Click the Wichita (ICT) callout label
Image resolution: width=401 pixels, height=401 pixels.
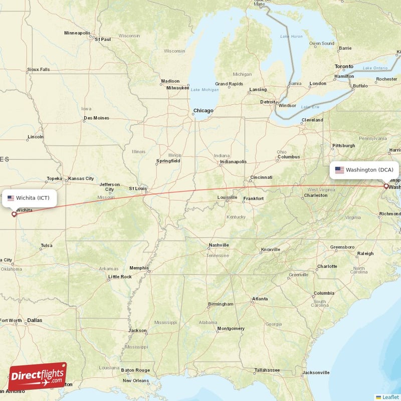(30, 197)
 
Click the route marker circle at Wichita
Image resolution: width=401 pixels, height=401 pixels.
(14, 214)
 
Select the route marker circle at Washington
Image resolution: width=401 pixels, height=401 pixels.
(386, 186)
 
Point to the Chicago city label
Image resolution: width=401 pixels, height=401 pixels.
(204, 111)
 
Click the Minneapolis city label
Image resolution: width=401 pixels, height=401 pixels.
(78, 33)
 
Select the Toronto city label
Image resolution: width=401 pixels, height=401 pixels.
(344, 66)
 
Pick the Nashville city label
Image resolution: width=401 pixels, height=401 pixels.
(219, 245)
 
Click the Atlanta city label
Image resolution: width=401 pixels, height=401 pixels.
(260, 299)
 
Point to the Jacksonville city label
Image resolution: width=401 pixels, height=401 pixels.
(316, 372)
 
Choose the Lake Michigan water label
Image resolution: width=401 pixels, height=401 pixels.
(205, 90)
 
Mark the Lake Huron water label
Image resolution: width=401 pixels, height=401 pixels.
(291, 37)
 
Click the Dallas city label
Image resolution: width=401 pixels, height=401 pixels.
(35, 320)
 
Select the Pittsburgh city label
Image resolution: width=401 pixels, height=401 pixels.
(343, 146)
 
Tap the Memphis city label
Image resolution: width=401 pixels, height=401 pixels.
(139, 268)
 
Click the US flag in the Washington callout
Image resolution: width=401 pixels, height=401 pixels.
(339, 170)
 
